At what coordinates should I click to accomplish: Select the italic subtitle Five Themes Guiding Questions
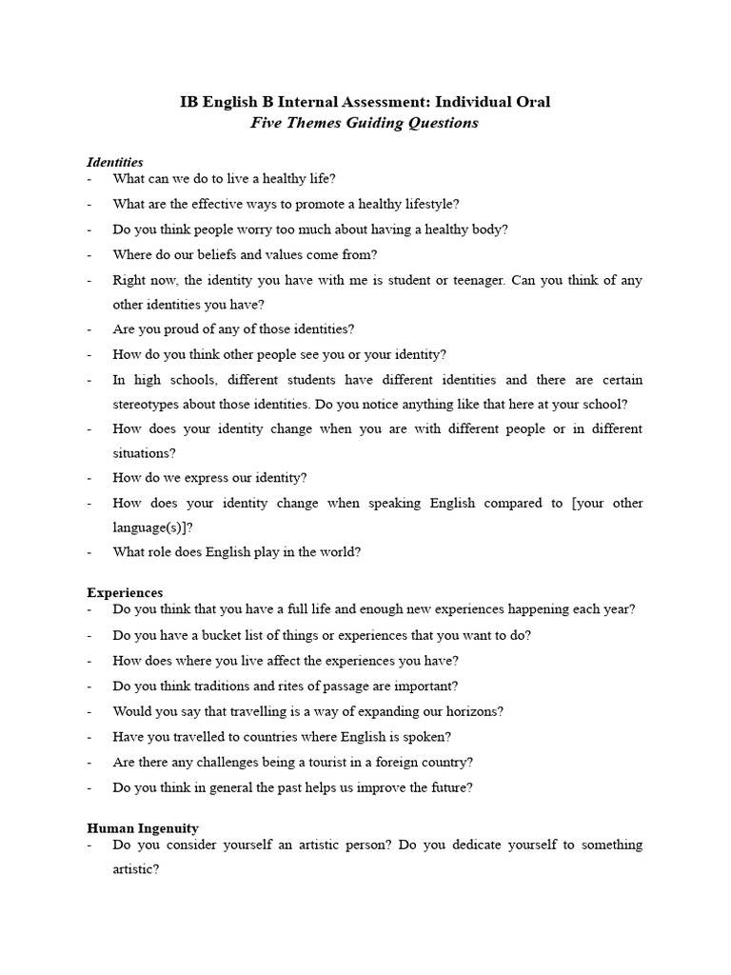tap(365, 124)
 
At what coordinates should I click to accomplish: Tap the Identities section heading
tap(115, 163)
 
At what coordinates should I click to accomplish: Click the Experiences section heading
tap(125, 592)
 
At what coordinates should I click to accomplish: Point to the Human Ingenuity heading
tap(143, 828)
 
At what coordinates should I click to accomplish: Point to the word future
tap(448, 787)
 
